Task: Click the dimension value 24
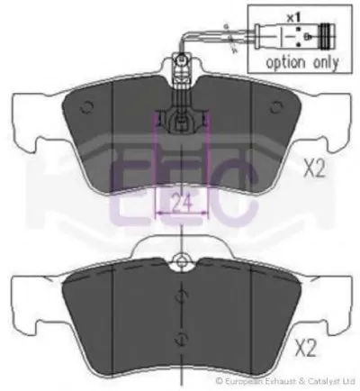tap(182, 202)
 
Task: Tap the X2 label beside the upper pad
tap(314, 168)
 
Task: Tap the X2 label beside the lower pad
tap(305, 348)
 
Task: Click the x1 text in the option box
tap(292, 18)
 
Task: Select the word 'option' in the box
tap(285, 63)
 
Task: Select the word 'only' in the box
tap(326, 63)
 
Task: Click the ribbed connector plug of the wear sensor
tap(327, 36)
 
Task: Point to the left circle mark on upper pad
tap(86, 107)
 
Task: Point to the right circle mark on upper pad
tap(276, 107)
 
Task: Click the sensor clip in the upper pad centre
tap(181, 122)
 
